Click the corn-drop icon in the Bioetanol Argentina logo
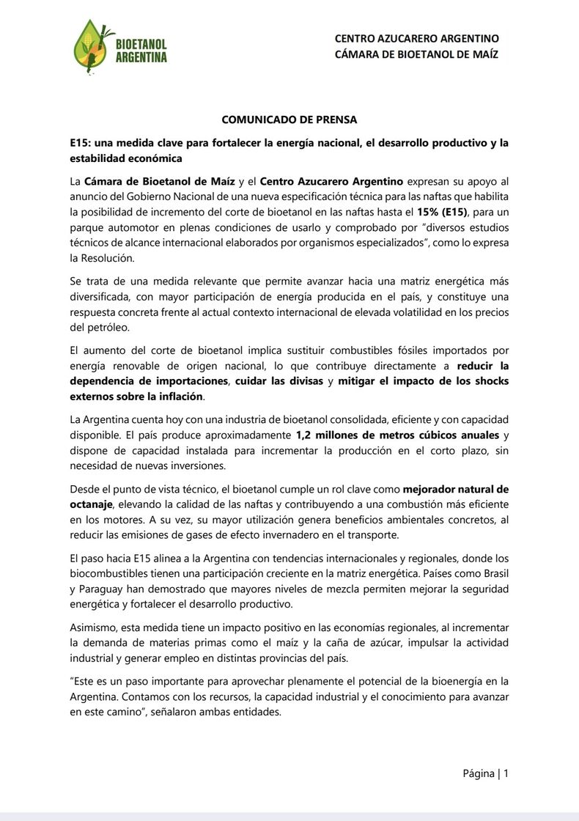tap(90, 47)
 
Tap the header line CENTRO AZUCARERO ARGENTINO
tap(416, 38)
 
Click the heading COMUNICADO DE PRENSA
tap(289, 119)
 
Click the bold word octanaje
tap(90, 504)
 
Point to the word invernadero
tap(331, 535)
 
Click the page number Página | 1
tap(485, 773)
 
